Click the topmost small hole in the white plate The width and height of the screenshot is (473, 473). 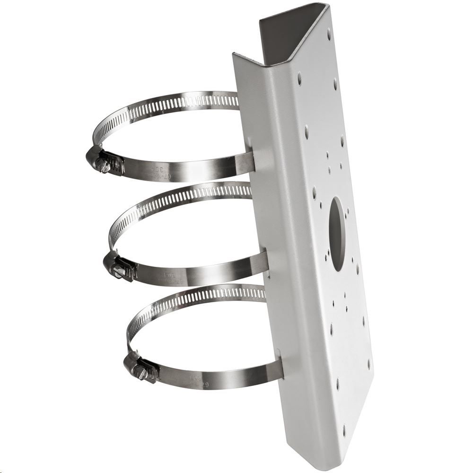point(329,34)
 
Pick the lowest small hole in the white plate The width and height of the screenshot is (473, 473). point(344,431)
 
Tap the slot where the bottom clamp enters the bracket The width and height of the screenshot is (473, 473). point(280,364)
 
